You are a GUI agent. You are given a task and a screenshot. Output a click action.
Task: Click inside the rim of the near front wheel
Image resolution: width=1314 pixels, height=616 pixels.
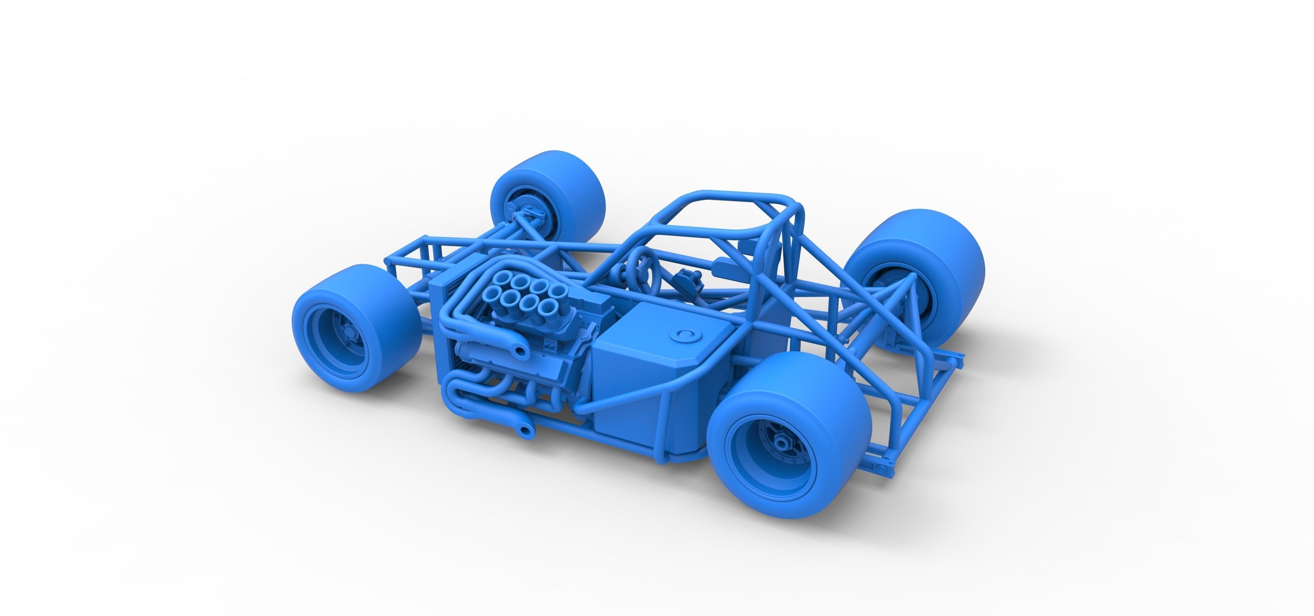pos(337,339)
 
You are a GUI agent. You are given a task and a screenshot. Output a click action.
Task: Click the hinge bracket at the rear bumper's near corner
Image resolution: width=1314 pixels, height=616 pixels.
pos(881,468)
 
